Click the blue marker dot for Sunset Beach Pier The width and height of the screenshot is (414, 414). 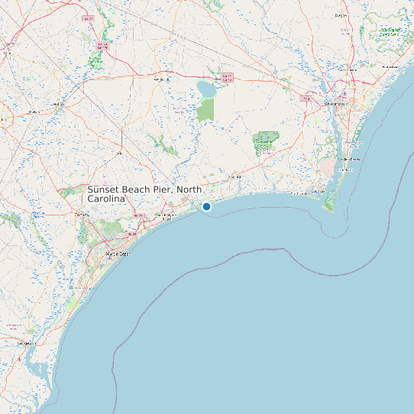coord(206,206)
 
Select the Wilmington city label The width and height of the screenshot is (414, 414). coord(336,103)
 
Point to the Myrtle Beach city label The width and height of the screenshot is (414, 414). coord(118,253)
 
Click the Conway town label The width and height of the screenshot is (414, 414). coord(82,215)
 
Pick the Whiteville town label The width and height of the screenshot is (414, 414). coord(162,79)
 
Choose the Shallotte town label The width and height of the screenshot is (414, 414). coord(234,177)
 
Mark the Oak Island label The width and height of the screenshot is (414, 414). coord(297,193)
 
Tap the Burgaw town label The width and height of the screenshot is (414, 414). coord(341,15)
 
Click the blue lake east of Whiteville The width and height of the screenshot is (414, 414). coord(205,90)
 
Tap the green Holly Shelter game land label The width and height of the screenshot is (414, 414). coord(389,32)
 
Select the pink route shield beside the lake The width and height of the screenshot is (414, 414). coord(227,77)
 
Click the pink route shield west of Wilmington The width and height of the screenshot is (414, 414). coord(307,99)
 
